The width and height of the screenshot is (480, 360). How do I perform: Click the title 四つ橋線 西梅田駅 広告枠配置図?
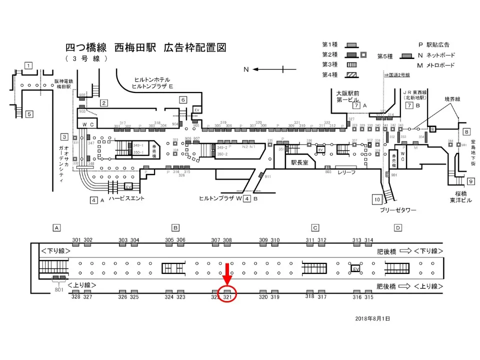pos(146,48)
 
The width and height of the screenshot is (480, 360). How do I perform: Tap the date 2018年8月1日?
pos(372,318)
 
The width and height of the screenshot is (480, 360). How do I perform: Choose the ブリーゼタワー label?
pos(394,210)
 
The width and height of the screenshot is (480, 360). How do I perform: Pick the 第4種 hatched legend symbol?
pos(351,75)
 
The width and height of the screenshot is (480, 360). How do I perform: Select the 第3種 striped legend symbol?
pos(351,64)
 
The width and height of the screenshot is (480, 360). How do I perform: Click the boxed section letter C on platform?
pos(315,228)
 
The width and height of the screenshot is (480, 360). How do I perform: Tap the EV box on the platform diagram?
pos(356,268)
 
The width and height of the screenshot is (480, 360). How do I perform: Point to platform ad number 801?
pos(59,288)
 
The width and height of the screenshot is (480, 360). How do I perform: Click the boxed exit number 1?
pos(29,66)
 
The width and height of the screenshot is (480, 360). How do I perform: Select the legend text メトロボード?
pos(440,65)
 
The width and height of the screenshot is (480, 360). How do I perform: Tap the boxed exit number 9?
pos(470,181)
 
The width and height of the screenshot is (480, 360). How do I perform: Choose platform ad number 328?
pos(76,297)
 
